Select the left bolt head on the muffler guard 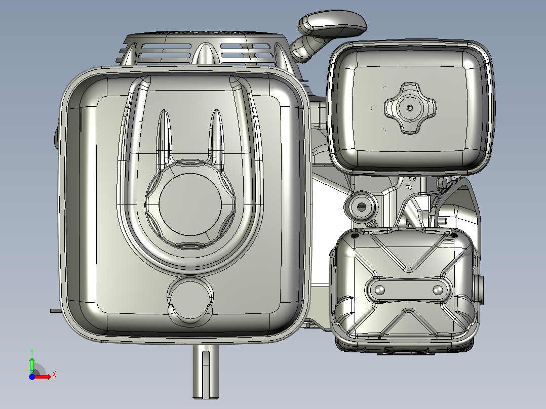point(379,290)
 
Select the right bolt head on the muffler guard point(438,290)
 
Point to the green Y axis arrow point(31,364)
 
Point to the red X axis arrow point(44,376)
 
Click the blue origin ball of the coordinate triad point(32,377)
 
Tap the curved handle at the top point(332,24)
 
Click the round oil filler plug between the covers point(361,206)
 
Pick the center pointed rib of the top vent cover point(205,53)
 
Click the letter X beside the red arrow point(54,375)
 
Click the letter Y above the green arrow point(32,351)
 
